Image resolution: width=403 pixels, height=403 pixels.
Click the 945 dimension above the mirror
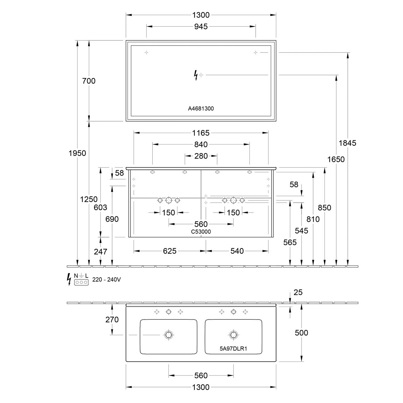click(201, 26)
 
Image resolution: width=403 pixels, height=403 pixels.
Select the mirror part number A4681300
click(201, 109)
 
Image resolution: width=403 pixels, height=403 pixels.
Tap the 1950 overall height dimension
click(77, 153)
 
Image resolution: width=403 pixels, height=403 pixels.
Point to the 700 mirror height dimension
click(89, 81)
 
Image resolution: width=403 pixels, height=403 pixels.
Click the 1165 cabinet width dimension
click(201, 133)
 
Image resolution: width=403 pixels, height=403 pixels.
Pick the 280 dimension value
click(201, 156)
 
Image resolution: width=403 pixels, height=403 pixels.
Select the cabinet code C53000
click(201, 232)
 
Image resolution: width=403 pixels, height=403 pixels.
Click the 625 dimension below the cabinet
click(170, 251)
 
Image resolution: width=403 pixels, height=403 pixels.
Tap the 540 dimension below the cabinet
click(237, 251)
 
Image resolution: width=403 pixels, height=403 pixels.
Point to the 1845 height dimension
click(347, 143)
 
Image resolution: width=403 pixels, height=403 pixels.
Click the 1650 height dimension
click(336, 159)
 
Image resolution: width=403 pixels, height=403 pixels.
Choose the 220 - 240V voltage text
click(107, 280)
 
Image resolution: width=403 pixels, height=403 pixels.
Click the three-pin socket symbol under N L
click(81, 282)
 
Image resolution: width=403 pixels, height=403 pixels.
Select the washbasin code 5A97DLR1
click(233, 349)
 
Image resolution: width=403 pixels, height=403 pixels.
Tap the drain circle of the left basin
click(168, 335)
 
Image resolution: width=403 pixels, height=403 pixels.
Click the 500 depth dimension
click(301, 333)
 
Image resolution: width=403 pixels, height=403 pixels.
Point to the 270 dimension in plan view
click(112, 319)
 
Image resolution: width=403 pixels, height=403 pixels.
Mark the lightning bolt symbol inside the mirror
click(196, 75)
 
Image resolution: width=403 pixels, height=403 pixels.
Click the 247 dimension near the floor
click(100, 251)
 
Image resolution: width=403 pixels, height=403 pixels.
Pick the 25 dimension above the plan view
click(298, 292)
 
